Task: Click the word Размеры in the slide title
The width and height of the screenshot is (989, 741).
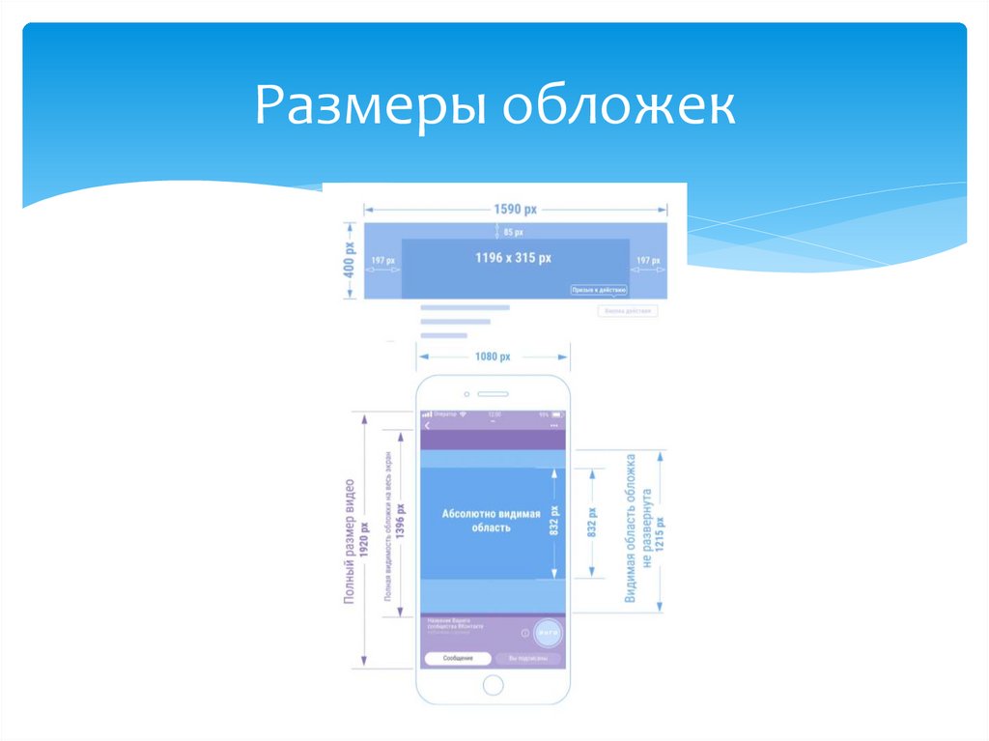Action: pyautogui.click(x=372, y=107)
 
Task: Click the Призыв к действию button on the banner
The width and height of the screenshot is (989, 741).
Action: pyautogui.click(x=599, y=290)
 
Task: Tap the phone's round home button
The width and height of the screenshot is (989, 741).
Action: pyautogui.click(x=493, y=685)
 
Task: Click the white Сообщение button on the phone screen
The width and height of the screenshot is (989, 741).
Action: pyautogui.click(x=458, y=658)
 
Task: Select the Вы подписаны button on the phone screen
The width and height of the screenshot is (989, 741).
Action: pyautogui.click(x=528, y=658)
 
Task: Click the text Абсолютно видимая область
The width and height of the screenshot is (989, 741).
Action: pyautogui.click(x=491, y=522)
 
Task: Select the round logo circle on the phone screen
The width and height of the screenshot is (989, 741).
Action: pyautogui.click(x=549, y=633)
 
